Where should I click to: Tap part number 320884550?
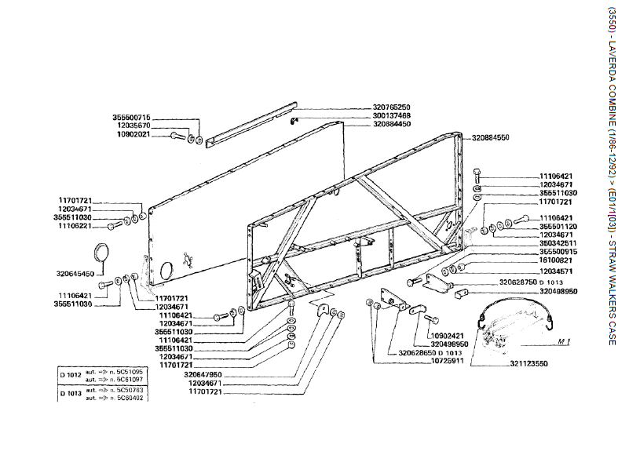490,137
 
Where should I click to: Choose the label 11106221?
82,226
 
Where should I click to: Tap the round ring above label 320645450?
102,253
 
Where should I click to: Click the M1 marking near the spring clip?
562,342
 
